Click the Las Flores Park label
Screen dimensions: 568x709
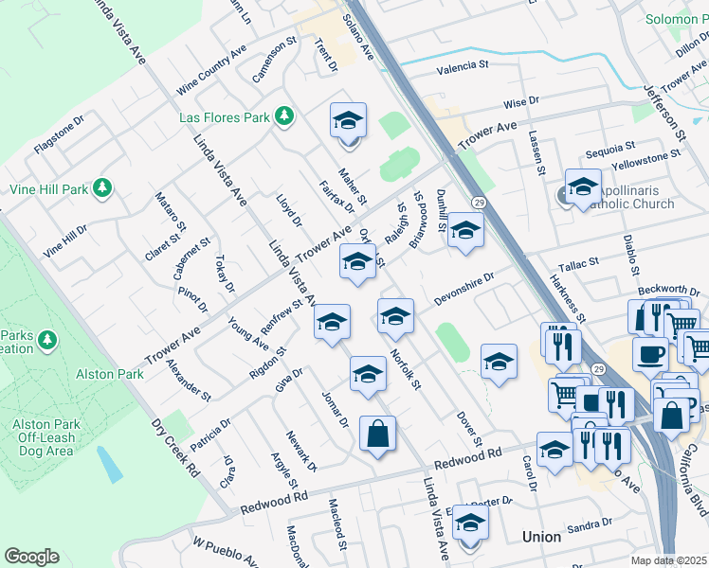pyautogui.click(x=224, y=118)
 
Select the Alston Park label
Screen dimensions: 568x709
pyautogui.click(x=110, y=374)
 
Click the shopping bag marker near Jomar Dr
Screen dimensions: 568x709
pyautogui.click(x=377, y=435)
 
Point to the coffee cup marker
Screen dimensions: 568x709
pyautogui.click(x=650, y=354)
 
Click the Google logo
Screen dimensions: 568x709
pyautogui.click(x=31, y=557)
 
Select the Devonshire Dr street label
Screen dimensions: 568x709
pyautogui.click(x=464, y=290)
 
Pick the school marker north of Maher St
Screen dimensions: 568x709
pyautogui.click(x=348, y=122)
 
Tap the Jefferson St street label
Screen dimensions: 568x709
pyautogui.click(x=664, y=110)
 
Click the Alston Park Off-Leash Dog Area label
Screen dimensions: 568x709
pyautogui.click(x=47, y=425)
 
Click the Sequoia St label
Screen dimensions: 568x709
pyautogui.click(x=609, y=149)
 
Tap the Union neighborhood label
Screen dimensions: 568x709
pyautogui.click(x=541, y=537)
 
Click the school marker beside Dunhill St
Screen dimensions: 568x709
pyautogui.click(x=464, y=231)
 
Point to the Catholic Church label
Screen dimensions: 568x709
pyautogui.click(x=632, y=204)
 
